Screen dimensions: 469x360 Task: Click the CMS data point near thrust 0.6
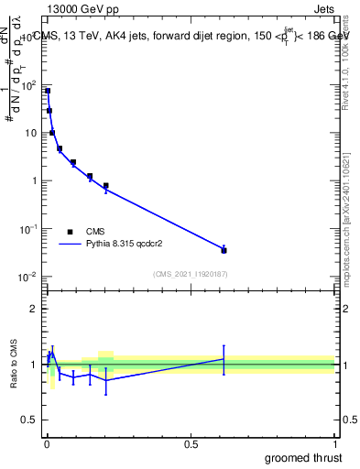pyautogui.click(x=224, y=250)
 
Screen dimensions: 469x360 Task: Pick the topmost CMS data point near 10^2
pyautogui.click(x=48, y=91)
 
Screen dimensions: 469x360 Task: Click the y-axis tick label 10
pyautogui.click(x=29, y=133)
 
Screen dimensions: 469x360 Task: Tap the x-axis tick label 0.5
pyautogui.click(x=191, y=444)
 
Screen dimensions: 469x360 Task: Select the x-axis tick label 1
pyautogui.click(x=334, y=444)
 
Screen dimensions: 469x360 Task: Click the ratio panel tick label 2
pyautogui.click(x=33, y=309)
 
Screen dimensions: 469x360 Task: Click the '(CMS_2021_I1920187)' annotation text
pyautogui.click(x=191, y=274)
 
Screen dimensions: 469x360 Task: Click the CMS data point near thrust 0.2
pyautogui.click(x=106, y=186)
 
